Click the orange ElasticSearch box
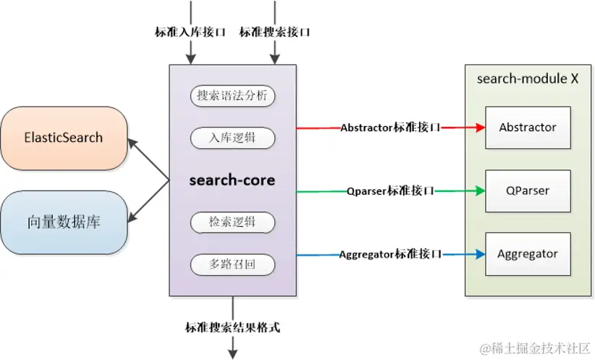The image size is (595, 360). pos(64,138)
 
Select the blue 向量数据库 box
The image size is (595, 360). pos(64,222)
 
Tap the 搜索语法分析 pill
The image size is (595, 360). pos(233,95)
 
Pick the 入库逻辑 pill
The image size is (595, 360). pos(233,137)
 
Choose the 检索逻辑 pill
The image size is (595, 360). pos(233,222)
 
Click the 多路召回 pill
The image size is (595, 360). pos(233,264)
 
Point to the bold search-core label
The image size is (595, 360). pos(233,180)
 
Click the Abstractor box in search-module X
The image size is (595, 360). pos(528,127)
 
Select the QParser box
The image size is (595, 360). pos(528,191)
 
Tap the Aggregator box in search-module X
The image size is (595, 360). pos(528,254)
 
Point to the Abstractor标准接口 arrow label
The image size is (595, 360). pos(390,127)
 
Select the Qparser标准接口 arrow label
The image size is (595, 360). pos(390,191)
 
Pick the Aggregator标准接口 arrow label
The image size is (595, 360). pos(390,254)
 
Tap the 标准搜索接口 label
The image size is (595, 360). pos(275,32)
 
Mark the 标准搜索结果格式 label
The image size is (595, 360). pos(232,327)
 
